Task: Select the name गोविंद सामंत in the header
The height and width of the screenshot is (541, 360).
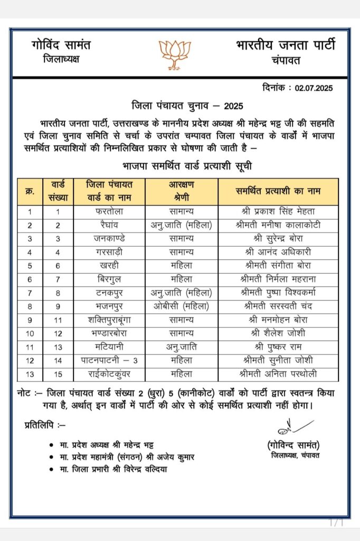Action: (61, 45)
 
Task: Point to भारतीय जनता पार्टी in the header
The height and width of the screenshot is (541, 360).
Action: (285, 45)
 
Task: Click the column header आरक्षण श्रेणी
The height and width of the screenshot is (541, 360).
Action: (182, 192)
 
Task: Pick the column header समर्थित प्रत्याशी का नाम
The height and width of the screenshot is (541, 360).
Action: (278, 191)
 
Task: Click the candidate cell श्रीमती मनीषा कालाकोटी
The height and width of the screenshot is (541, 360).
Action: (278, 225)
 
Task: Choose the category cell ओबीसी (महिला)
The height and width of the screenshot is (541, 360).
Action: (182, 306)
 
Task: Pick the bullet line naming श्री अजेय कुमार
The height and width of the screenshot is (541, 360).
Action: (127, 457)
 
